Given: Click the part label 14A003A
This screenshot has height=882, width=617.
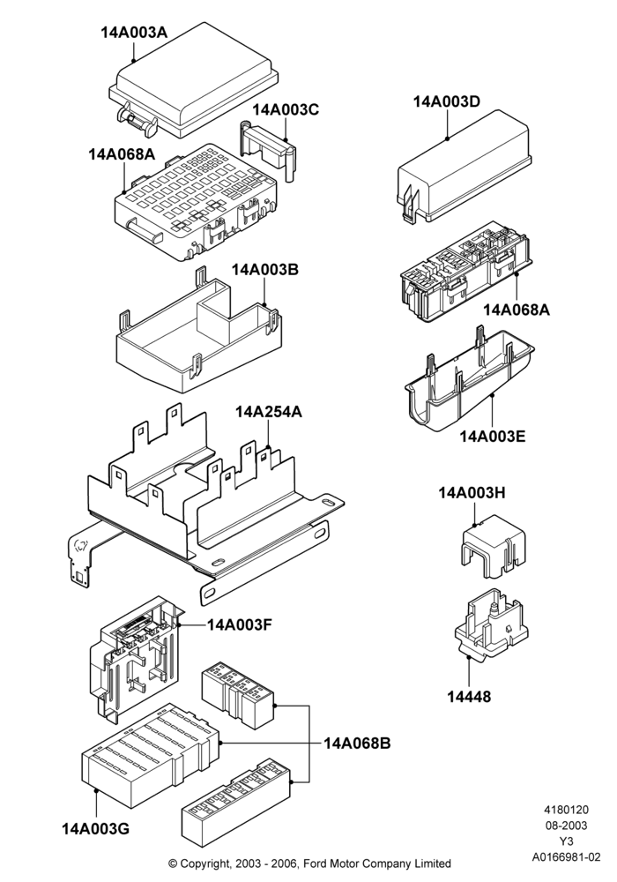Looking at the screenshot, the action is coord(134,32).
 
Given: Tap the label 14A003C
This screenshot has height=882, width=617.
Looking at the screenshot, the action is coord(286,109).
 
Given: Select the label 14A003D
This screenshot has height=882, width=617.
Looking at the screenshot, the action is coord(447,101).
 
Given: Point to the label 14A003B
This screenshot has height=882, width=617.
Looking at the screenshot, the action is coord(265,269).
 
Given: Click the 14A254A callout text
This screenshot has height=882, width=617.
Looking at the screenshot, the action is coord(269,412).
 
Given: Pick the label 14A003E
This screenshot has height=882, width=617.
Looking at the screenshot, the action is coord(493,436).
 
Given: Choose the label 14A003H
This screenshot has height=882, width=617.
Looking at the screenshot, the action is coord(472,493).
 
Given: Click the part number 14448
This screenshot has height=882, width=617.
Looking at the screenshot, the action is coord(469,697).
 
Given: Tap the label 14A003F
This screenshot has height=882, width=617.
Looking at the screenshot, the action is coord(240,624).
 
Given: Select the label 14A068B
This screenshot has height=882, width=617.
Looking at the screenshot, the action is coord(357,743).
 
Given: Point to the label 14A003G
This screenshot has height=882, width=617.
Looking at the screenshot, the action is coord(95,828).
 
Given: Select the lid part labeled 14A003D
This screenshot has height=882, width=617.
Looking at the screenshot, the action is coord(465,167).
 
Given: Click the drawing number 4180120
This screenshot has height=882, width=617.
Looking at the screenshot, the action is coord(567,810).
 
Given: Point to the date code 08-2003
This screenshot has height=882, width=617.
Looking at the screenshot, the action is coord(567,826).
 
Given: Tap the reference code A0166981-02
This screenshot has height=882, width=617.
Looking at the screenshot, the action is coord(567,857).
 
